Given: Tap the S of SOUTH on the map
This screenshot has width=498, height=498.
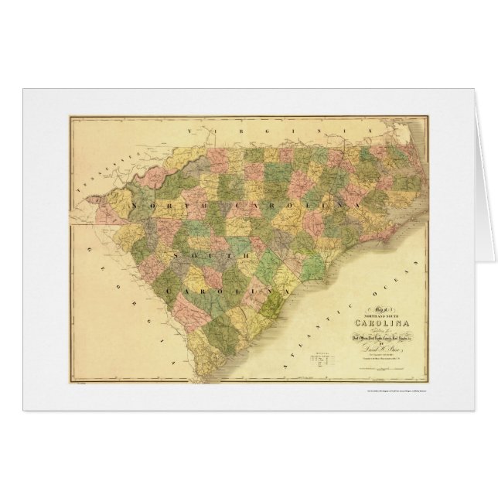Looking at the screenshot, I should [x=177, y=253].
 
